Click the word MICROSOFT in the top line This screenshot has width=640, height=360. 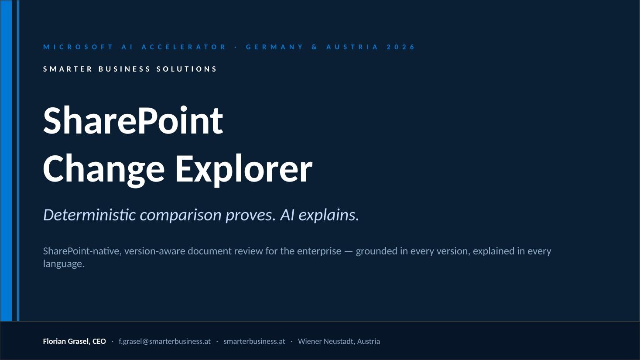point(78,47)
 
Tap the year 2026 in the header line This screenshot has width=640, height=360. point(400,47)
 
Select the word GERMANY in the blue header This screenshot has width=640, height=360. point(274,47)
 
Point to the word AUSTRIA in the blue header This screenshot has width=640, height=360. point(353,47)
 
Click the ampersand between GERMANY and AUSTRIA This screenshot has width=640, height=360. point(314,47)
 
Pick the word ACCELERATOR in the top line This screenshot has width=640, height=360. point(184,47)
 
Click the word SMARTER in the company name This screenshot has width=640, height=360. point(68,69)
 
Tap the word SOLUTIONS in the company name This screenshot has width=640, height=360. point(187,69)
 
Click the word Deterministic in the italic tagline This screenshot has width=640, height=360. point(89,215)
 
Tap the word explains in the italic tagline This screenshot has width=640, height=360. point(329,215)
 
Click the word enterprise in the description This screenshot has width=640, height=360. point(319,251)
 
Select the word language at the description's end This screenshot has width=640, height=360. point(64,264)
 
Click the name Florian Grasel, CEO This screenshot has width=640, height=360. point(74,341)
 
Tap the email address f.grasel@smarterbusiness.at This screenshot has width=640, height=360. point(164,341)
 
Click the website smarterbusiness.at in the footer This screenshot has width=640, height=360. point(254,341)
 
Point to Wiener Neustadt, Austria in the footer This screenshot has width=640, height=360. point(339,341)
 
